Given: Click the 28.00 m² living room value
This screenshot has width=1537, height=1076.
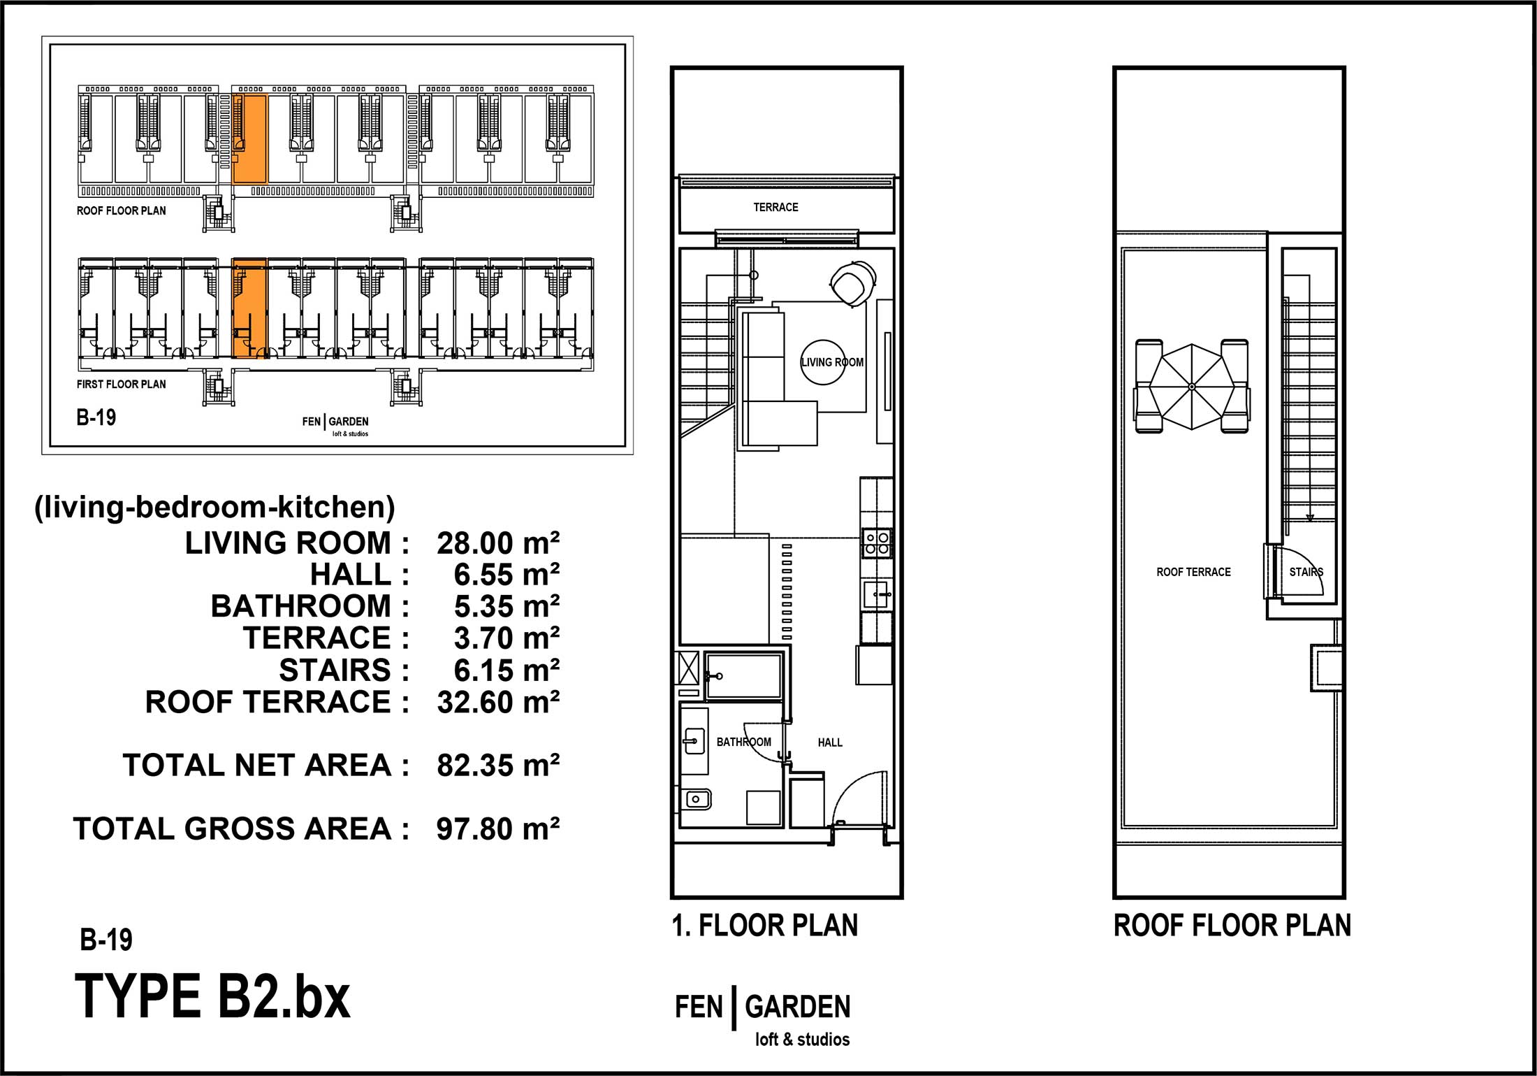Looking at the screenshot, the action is coord(498,543).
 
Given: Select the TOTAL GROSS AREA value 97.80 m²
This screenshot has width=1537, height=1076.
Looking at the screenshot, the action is coord(498,829).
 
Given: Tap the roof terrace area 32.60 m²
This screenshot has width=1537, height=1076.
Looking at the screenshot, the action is coord(498,702).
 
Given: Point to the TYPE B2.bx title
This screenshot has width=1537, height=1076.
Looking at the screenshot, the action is coord(212,996).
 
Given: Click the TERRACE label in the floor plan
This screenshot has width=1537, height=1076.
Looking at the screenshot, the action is coord(775,207).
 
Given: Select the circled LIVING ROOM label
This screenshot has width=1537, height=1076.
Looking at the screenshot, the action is coord(832,362).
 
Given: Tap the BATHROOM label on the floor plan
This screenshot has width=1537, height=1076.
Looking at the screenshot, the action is coord(744,742).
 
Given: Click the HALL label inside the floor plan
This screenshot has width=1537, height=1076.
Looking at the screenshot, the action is coord(830,743).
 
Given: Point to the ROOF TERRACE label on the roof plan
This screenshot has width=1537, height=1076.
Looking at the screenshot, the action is coord(1193,572).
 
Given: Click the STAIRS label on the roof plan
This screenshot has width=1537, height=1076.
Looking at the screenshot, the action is coord(1306,572).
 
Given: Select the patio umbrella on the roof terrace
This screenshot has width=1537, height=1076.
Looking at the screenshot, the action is coord(1192,387).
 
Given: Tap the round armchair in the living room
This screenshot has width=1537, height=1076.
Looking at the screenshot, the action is coord(853,284).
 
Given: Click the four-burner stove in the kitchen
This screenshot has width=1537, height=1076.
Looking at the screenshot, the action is coord(877,543).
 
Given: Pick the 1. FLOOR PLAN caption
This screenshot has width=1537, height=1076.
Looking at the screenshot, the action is coord(765,926).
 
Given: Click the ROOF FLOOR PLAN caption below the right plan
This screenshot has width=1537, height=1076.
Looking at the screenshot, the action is coord(1232,926).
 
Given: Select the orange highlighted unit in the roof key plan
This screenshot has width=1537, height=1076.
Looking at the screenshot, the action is coord(249,139).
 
